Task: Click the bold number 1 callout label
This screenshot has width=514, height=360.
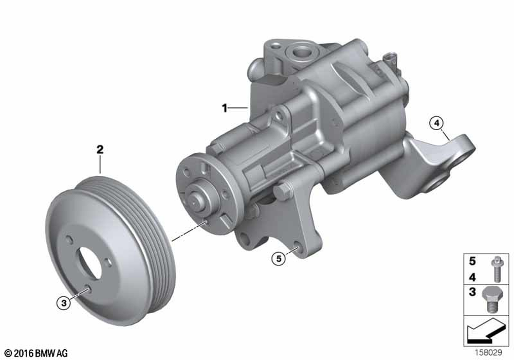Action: point(225,108)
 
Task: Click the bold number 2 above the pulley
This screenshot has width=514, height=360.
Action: point(100,150)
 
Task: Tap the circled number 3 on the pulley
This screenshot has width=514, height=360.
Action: point(64,303)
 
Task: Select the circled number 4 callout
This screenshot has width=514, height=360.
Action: point(436,123)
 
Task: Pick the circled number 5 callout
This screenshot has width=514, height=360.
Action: point(279,259)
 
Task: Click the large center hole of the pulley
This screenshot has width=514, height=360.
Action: point(89,262)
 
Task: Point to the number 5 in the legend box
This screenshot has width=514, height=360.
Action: point(472,261)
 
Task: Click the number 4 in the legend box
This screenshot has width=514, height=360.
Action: point(472,278)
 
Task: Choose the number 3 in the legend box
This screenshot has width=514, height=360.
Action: point(472,292)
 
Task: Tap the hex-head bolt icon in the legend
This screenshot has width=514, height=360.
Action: point(493,300)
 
